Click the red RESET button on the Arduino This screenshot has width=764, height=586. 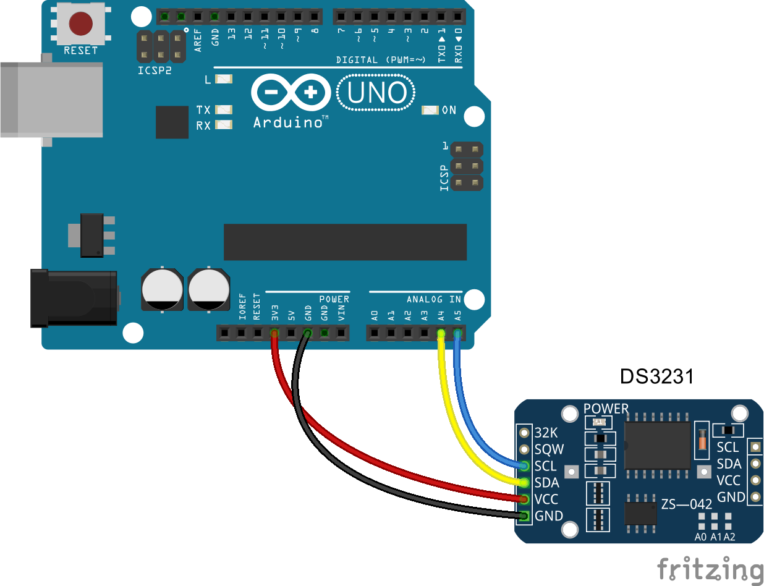coord(81,24)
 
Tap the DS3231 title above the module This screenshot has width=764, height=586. coord(657,376)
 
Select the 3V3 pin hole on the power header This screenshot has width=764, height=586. coord(274,334)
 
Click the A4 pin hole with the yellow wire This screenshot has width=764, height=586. coord(441,334)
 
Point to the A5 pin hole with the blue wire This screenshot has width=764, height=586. coord(457,334)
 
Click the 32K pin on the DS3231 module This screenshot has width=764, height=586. coord(525,432)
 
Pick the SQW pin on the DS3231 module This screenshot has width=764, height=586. coord(525,449)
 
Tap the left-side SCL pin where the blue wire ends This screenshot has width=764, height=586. coord(525,465)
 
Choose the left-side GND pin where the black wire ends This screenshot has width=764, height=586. coord(525,516)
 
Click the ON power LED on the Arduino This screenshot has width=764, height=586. coord(430,110)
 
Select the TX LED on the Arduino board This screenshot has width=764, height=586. coord(224,110)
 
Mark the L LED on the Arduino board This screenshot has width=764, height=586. coord(224,79)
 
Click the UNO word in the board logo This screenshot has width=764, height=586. coord(376,93)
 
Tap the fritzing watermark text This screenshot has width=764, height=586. coord(710,569)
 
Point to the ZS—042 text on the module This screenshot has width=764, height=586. coord(687,504)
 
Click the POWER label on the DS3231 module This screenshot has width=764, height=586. coord(606,409)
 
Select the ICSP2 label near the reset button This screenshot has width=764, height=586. coord(155,70)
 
